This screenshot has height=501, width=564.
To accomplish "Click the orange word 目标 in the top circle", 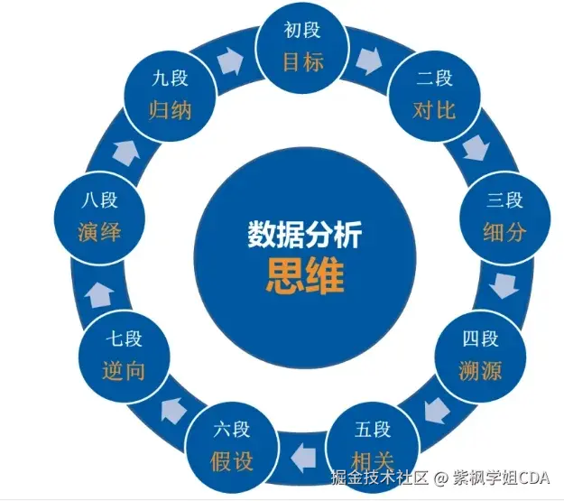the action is (302, 63).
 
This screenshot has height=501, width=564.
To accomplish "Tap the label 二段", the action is (434, 79).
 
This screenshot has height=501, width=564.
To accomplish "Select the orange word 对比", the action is (434, 111).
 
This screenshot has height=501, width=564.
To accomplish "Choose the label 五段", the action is (372, 429).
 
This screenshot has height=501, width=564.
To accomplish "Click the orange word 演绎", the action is (99, 232).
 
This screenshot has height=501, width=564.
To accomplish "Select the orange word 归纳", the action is (171, 111).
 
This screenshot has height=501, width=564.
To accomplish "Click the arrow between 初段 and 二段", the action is (369, 62).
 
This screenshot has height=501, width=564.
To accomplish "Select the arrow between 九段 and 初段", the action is (233, 62).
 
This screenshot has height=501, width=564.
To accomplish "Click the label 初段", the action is (302, 31).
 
